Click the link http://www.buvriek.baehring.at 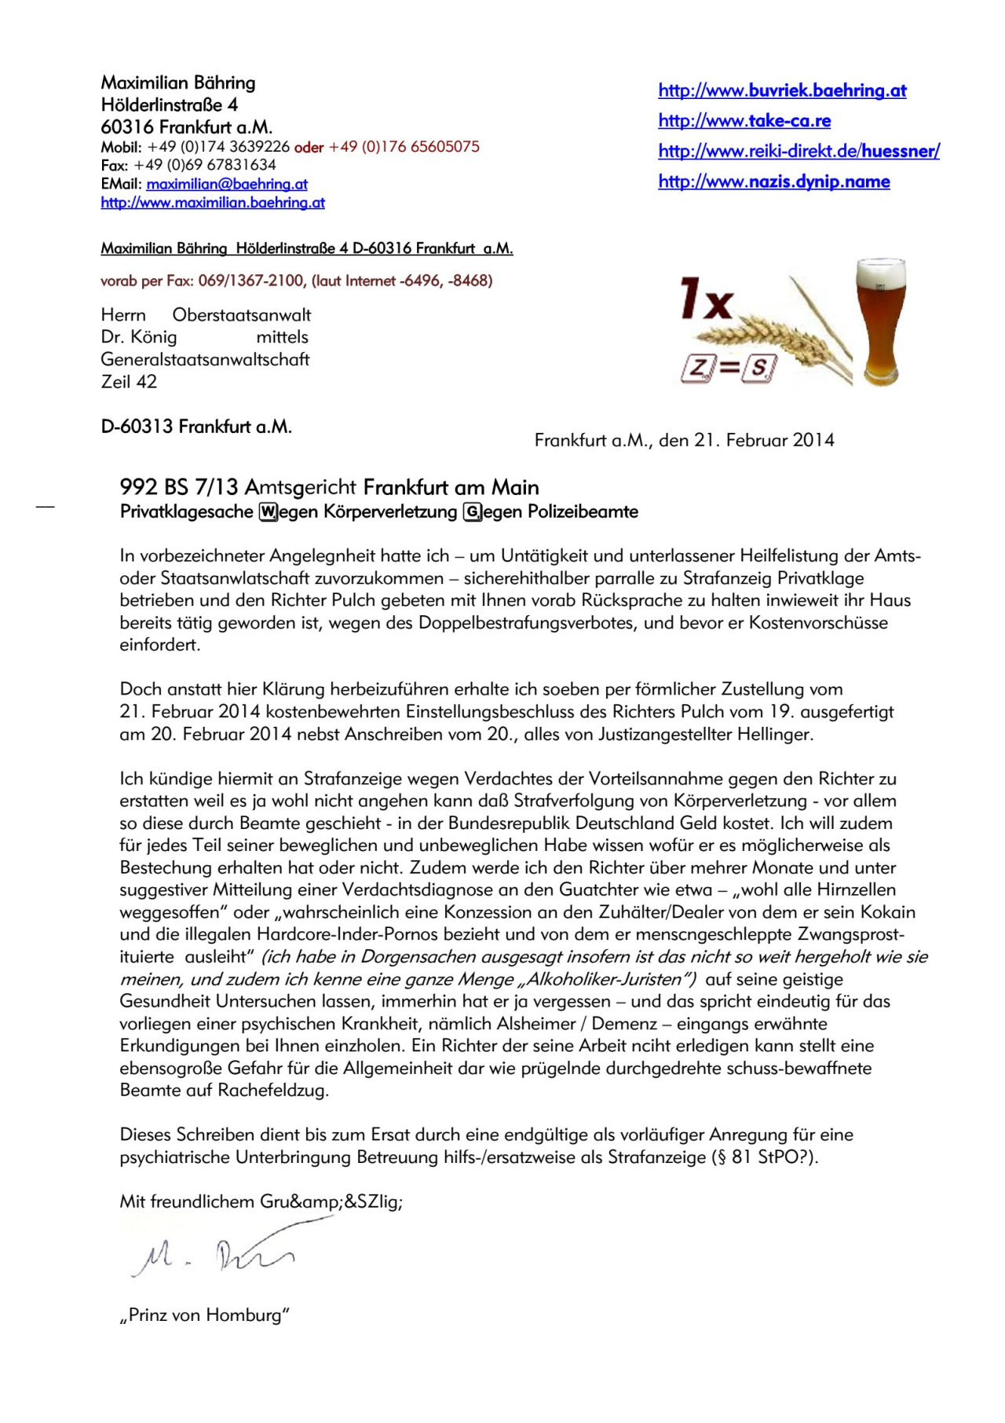(x=782, y=90)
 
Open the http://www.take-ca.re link (x=744, y=120)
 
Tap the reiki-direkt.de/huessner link (x=799, y=151)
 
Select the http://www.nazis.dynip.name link (x=774, y=182)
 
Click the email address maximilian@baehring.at (x=227, y=184)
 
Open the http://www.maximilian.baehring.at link (x=213, y=203)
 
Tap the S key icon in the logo (x=760, y=367)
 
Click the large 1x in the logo (x=706, y=299)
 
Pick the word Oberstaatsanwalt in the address (x=242, y=315)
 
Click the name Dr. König (x=139, y=337)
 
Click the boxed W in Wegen (x=268, y=512)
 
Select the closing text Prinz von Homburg (x=205, y=1315)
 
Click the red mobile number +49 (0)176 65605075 (x=404, y=146)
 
